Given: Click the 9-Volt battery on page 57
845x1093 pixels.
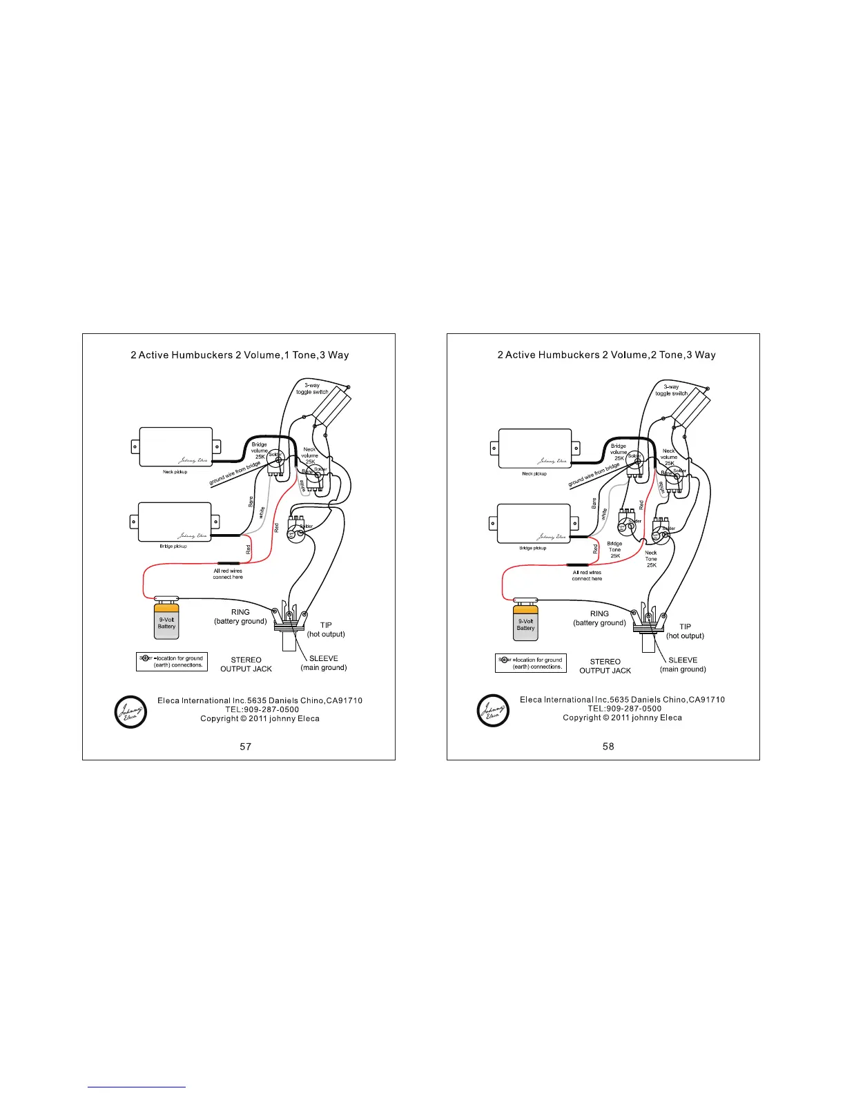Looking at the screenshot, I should point(166,620).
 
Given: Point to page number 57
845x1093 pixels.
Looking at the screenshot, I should point(245,746).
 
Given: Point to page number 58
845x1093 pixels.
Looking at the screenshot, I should point(608,746).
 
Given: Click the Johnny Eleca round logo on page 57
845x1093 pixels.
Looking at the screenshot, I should point(130,711).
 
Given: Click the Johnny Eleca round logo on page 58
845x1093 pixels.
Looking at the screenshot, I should point(493,711).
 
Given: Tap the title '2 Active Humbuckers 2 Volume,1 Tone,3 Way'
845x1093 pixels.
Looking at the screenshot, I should point(240,355).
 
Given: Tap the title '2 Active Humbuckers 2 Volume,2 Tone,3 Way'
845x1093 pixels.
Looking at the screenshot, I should point(606,355).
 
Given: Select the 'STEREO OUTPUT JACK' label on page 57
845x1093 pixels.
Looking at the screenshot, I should point(246,664).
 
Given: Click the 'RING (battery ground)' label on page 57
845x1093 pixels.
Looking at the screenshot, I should point(240,616).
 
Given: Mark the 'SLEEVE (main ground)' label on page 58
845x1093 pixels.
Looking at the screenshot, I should point(683,664).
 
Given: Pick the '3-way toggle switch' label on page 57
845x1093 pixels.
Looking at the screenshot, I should point(312,388).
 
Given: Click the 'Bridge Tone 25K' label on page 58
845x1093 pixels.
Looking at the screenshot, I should point(614,549).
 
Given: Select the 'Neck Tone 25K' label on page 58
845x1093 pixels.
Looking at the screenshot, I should point(651,559).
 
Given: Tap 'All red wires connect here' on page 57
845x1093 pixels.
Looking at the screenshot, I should point(228,574).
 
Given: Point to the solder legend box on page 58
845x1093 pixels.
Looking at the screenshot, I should point(531,663).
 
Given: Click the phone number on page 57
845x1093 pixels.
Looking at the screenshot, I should point(262,709).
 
